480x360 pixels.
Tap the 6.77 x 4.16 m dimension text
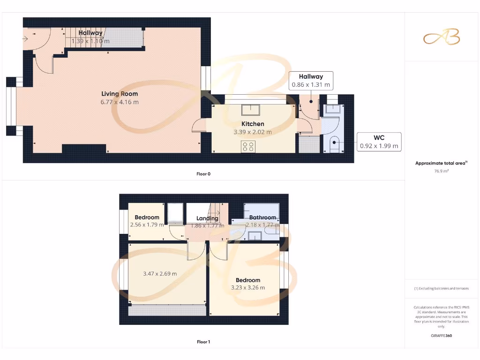coord(120,102)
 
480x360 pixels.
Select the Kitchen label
coord(253,124)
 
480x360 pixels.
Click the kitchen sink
coord(250,110)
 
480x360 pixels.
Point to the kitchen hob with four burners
coord(248,146)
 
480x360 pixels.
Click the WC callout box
coord(379,142)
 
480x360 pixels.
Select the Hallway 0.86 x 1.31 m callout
coord(311,81)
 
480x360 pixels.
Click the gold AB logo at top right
coord(442,37)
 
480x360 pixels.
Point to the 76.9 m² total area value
coord(441,171)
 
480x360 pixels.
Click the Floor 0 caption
coord(203,174)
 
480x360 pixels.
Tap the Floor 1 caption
coord(203,342)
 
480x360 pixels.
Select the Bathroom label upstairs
coord(262,217)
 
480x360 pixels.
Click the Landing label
coord(207,218)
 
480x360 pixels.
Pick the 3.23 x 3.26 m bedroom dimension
coord(248,287)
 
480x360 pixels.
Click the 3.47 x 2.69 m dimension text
coord(160,274)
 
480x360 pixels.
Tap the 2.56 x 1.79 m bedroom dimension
coord(147,225)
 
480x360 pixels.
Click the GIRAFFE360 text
coord(441,336)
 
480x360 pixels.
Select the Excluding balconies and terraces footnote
coord(441,288)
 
